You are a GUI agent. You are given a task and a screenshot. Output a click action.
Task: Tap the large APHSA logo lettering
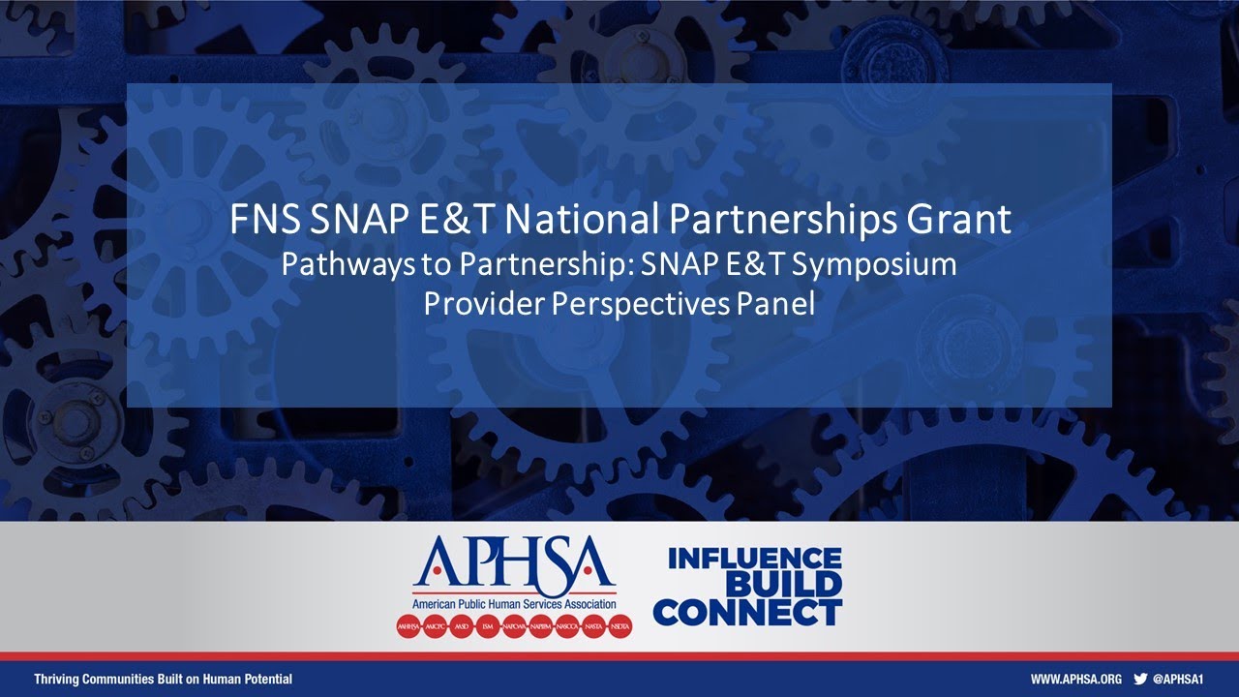click(514, 564)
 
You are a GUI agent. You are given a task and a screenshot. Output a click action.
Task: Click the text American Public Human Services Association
click(514, 604)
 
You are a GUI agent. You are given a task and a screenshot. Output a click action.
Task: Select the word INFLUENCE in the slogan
click(754, 559)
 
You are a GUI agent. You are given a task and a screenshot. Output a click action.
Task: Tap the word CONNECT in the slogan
click(747, 612)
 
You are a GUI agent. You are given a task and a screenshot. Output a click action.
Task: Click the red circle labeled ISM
click(489, 626)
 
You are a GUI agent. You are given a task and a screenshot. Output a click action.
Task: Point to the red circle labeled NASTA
click(593, 626)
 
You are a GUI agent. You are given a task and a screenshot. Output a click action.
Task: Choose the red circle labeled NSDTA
click(619, 626)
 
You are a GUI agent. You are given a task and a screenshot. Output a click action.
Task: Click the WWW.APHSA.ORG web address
click(1075, 680)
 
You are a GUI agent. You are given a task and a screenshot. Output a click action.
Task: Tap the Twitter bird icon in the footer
click(1140, 680)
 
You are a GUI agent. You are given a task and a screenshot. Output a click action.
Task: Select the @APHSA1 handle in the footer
click(1178, 680)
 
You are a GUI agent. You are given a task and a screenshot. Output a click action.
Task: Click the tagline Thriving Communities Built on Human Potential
click(163, 680)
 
